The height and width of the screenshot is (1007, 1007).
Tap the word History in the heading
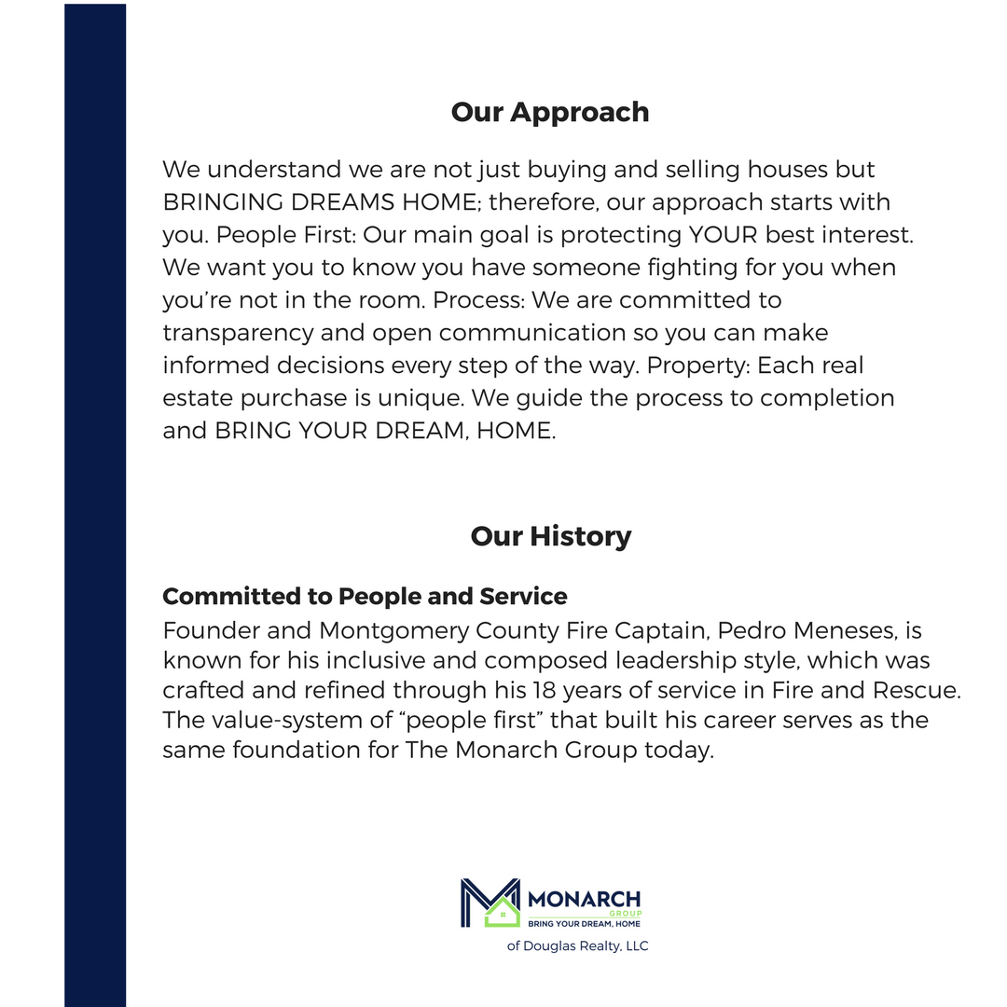(580, 536)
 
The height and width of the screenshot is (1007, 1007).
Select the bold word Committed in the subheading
(220, 596)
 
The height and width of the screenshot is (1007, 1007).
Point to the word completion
(827, 398)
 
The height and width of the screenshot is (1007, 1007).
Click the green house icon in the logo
(502, 912)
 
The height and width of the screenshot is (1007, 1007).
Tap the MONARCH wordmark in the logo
(584, 900)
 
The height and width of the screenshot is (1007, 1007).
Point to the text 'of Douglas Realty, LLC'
(577, 946)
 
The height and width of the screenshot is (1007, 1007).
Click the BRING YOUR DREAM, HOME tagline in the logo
(585, 924)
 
